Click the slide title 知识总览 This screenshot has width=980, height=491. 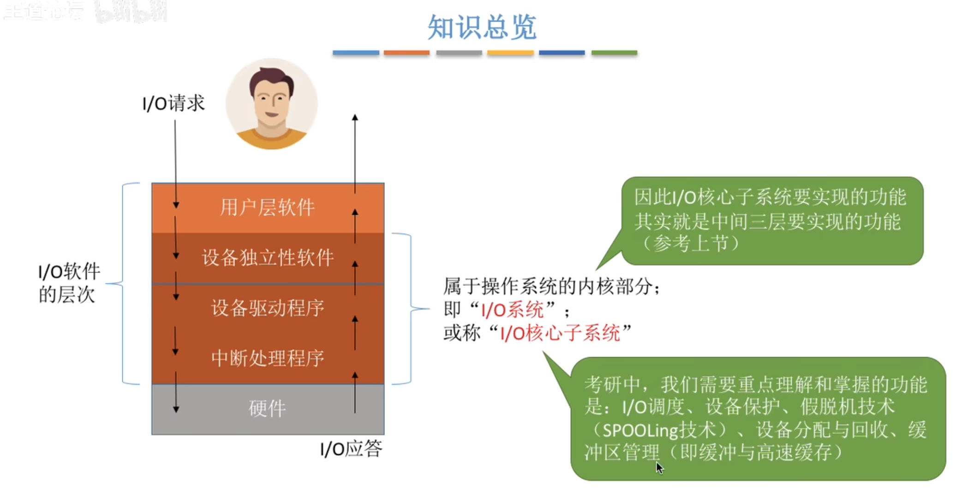(x=482, y=27)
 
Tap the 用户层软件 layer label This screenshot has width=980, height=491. (x=267, y=207)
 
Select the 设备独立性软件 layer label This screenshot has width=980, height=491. (x=268, y=258)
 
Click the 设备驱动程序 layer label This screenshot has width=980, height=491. (x=268, y=308)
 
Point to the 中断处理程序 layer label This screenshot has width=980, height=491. (x=268, y=358)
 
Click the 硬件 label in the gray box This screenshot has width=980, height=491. (x=267, y=408)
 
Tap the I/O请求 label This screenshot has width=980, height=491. (x=173, y=103)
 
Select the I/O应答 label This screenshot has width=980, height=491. (x=351, y=449)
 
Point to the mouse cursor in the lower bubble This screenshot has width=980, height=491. (x=659, y=467)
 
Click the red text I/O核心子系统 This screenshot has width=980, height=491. (x=560, y=333)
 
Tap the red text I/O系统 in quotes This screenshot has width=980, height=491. (x=512, y=309)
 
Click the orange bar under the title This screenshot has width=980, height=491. (x=406, y=53)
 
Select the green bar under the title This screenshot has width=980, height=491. (x=614, y=53)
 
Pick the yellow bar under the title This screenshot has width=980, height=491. (x=510, y=53)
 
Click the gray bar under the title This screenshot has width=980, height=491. (x=459, y=53)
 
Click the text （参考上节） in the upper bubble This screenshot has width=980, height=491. (x=691, y=243)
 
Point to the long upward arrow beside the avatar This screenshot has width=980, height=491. (x=355, y=152)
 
